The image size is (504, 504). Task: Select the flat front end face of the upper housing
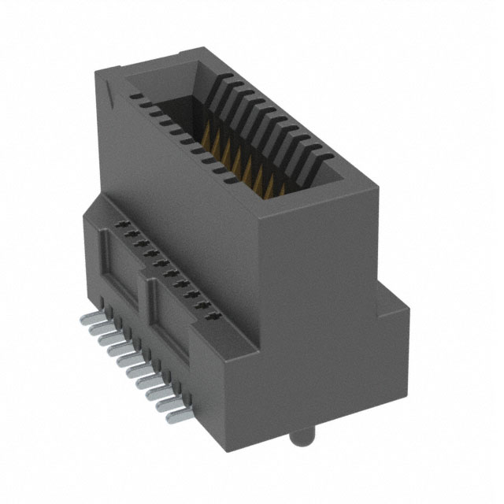tap(303, 268)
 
